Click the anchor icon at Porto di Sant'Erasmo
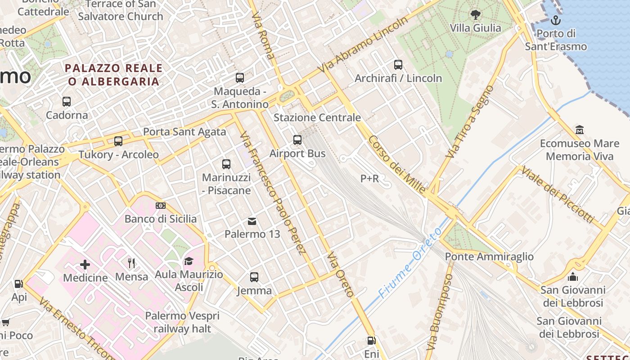(x=556, y=20)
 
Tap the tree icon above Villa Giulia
(x=475, y=15)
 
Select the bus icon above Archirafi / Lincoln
(x=398, y=65)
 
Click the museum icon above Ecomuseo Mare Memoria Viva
(x=580, y=130)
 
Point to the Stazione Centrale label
(x=317, y=118)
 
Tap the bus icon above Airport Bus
(x=297, y=140)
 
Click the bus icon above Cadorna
(x=67, y=102)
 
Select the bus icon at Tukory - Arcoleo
(x=118, y=141)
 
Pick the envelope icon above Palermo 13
(x=252, y=221)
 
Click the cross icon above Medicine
(x=85, y=264)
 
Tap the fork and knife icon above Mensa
(x=131, y=263)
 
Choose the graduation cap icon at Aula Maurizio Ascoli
(x=189, y=261)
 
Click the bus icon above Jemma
(x=254, y=277)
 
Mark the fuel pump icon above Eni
(x=371, y=341)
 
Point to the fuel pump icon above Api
(x=19, y=284)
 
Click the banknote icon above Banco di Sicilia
(x=161, y=206)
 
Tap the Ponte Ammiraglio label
(x=489, y=257)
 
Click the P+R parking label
(x=369, y=179)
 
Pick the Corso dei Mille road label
(x=396, y=165)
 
